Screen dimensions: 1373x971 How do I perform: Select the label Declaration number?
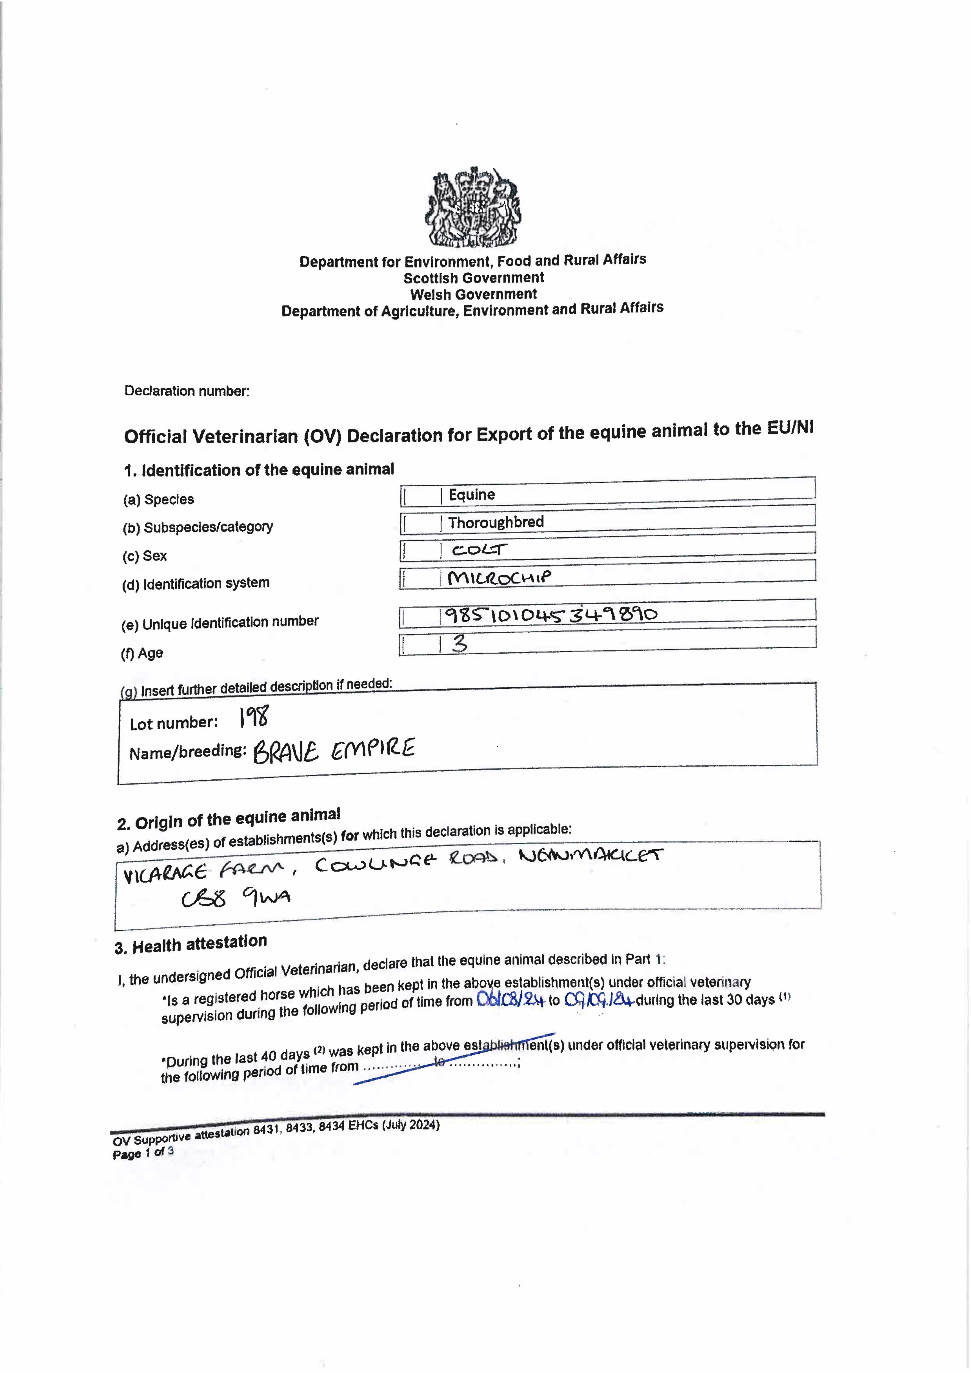coord(187,391)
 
